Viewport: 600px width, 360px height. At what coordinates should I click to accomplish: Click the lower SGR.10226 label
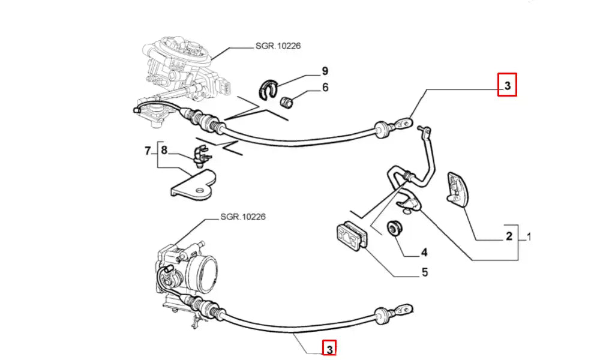(x=242, y=217)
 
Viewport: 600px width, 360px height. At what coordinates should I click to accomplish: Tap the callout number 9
(x=325, y=71)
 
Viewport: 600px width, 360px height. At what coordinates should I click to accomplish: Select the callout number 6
(x=325, y=88)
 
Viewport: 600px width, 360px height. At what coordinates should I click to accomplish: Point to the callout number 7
(x=148, y=151)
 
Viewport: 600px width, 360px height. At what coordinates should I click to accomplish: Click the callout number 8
(x=164, y=151)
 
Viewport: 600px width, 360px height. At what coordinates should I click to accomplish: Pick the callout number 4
(x=424, y=252)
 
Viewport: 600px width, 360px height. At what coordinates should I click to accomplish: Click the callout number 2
(x=509, y=236)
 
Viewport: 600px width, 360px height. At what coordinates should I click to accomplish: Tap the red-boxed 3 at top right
(x=507, y=85)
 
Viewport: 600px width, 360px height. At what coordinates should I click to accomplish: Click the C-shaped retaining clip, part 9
(x=265, y=89)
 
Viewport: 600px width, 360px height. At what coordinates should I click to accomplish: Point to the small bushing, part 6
(x=289, y=102)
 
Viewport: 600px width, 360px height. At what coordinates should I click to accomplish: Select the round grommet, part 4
(x=395, y=228)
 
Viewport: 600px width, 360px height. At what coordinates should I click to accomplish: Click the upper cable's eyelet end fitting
(x=404, y=125)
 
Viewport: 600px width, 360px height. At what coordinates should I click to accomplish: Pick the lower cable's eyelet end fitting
(x=405, y=310)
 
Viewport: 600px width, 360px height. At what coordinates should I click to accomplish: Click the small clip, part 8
(x=201, y=155)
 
